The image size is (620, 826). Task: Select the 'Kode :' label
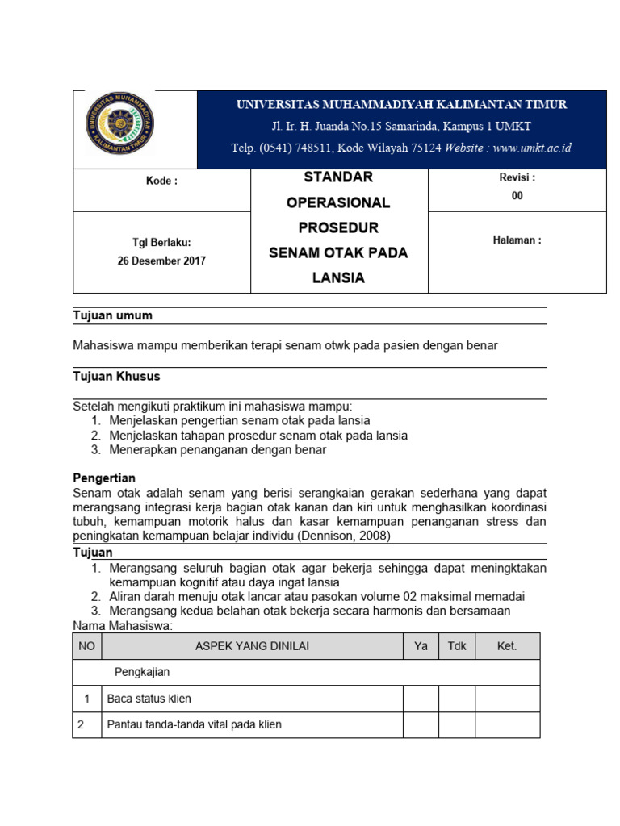tap(161, 181)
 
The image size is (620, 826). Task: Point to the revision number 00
tap(517, 195)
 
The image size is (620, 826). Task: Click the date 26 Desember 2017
tap(161, 261)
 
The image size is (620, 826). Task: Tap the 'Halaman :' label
tap(517, 240)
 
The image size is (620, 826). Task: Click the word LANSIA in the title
tap(338, 278)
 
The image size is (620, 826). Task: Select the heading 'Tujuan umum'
tap(112, 315)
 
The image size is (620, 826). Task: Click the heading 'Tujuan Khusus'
tap(116, 376)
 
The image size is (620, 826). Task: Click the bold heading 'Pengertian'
tap(104, 478)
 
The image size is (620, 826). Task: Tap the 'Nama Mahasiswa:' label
tap(123, 625)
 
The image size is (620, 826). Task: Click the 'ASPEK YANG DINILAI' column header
tap(252, 646)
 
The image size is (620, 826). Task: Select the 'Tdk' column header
tap(456, 646)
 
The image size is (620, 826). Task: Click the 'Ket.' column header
tap(506, 646)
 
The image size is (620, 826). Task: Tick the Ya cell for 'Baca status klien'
tap(421, 699)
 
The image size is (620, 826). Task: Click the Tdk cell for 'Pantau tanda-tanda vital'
tap(456, 724)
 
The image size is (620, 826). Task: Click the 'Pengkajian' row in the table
tap(141, 671)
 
